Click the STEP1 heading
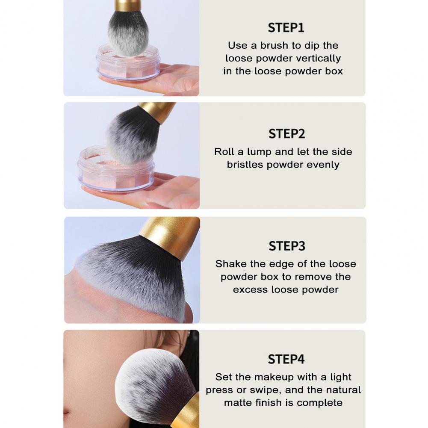tap(286, 27)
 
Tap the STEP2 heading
tap(286, 134)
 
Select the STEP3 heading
tap(287, 246)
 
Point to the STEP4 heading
tap(286, 359)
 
